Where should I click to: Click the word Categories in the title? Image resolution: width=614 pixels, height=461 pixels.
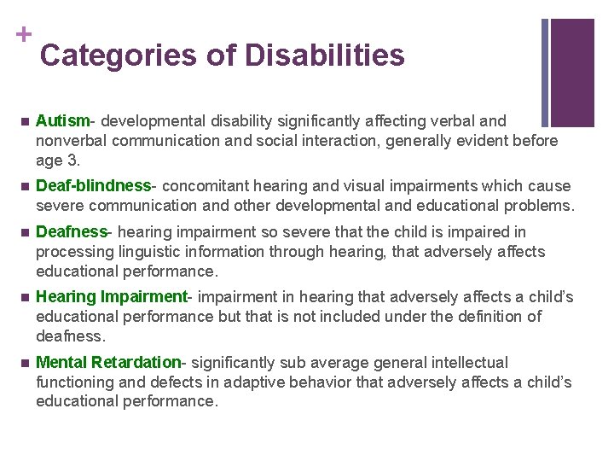click(x=119, y=55)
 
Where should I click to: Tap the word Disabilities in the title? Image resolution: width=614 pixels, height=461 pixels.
click(x=324, y=55)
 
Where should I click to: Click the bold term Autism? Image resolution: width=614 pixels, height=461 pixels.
click(x=63, y=121)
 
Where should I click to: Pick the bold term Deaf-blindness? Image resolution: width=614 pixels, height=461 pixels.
click(x=93, y=186)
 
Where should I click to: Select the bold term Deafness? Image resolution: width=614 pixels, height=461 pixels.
click(x=72, y=232)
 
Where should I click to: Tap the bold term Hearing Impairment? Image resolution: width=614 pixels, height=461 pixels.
click(x=111, y=297)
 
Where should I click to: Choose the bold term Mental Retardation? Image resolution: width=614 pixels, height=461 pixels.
click(x=108, y=363)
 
